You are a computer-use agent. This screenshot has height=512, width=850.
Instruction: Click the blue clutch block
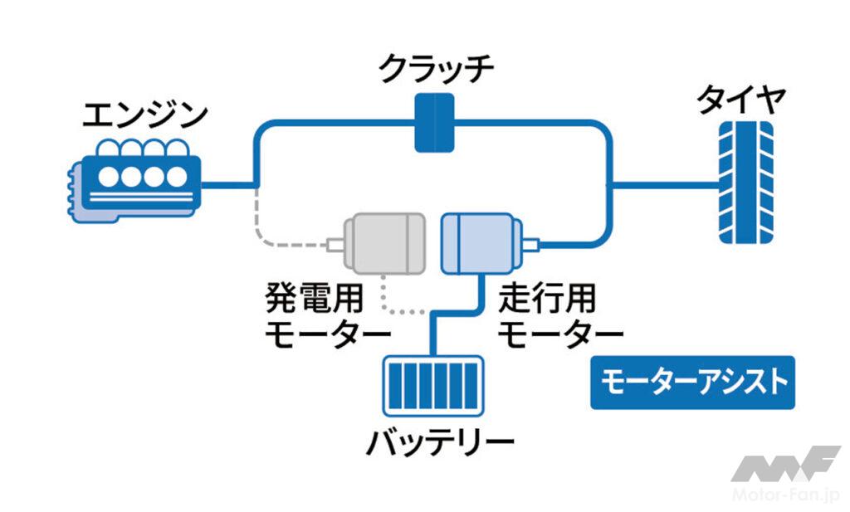click(x=435, y=123)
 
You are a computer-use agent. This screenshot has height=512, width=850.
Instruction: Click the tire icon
click(x=745, y=182)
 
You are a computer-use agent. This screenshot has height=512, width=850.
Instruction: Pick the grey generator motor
click(x=383, y=243)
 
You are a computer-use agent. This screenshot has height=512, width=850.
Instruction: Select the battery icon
click(x=432, y=386)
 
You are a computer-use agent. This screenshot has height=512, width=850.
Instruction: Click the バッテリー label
click(x=439, y=444)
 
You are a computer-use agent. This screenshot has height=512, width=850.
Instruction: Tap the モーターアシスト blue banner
click(x=692, y=383)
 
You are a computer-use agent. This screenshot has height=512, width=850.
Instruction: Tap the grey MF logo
click(x=785, y=464)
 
